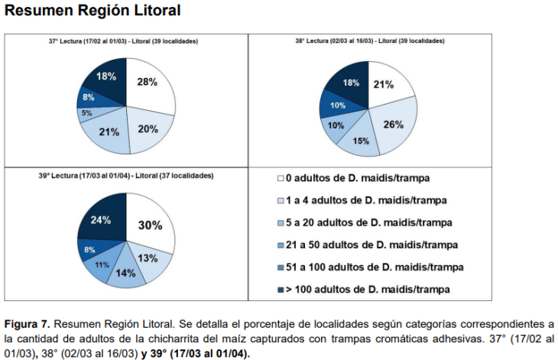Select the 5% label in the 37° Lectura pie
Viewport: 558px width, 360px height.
[87, 113]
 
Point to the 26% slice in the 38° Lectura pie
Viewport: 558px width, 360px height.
[393, 125]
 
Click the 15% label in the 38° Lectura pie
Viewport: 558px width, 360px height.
[360, 141]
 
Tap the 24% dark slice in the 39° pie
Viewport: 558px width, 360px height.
[102, 220]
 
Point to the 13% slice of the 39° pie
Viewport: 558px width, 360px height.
[149, 258]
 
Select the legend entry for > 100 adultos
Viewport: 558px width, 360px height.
[368, 289]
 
